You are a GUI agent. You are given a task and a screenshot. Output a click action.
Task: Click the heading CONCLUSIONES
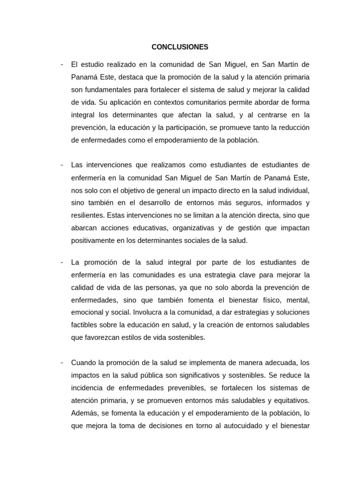click(x=180, y=47)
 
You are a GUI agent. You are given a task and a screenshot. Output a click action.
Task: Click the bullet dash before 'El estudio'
click(x=62, y=64)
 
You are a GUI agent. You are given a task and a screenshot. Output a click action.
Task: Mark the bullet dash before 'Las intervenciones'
click(x=62, y=165)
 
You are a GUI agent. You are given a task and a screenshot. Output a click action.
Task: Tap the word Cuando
click(x=83, y=363)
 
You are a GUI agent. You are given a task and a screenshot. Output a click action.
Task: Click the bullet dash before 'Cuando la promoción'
click(x=62, y=363)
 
